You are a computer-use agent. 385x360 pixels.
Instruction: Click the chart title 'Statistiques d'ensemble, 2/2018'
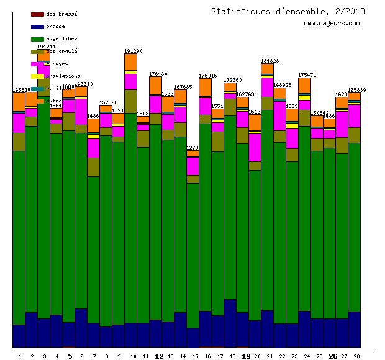tap(288, 11)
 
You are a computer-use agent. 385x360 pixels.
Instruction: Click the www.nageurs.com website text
tap(332, 24)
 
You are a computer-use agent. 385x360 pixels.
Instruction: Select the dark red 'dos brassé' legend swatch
tap(37, 14)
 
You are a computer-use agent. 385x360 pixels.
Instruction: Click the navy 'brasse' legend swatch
tap(37, 27)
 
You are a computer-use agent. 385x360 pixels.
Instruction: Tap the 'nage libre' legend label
tap(61, 38)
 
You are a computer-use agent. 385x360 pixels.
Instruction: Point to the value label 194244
tap(46, 47)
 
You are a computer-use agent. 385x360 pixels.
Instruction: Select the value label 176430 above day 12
tap(158, 74)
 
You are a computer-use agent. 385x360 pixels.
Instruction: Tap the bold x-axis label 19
tap(245, 356)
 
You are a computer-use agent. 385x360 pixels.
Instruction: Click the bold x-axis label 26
tap(332, 356)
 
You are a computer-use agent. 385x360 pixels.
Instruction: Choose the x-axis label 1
tap(20, 356)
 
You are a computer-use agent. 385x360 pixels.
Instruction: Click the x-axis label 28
tap(356, 356)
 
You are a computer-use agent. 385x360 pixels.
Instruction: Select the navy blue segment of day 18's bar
tap(230, 323)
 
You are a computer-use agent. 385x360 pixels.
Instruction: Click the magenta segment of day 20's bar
tap(255, 147)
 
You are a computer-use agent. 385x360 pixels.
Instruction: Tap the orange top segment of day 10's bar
tap(130, 61)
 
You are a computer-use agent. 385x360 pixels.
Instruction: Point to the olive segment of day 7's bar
tap(93, 167)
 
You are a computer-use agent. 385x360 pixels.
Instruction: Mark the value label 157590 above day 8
tap(108, 102)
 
